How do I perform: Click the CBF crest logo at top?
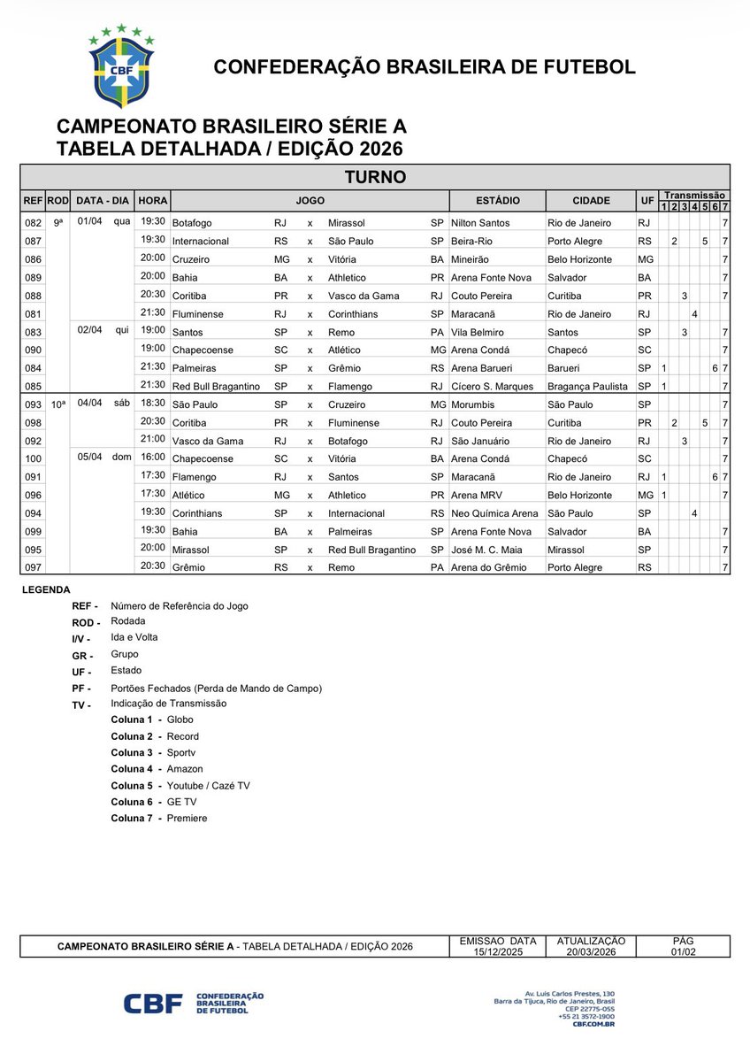pyautogui.click(x=121, y=67)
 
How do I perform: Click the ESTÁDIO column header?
pyautogui.click(x=497, y=200)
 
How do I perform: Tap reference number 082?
pyautogui.click(x=33, y=223)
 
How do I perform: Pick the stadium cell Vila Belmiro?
pyautogui.click(x=479, y=332)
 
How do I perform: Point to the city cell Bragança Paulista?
pyautogui.click(x=587, y=387)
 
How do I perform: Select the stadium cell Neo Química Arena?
pyautogui.click(x=494, y=513)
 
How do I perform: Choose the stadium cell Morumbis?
pyautogui.click(x=474, y=404)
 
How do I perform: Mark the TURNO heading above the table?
pyautogui.click(x=375, y=177)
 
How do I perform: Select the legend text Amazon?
pyautogui.click(x=185, y=769)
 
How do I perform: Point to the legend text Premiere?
pyautogui.click(x=187, y=819)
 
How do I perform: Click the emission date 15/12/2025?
pyautogui.click(x=498, y=951)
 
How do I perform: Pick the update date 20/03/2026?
pyautogui.click(x=591, y=951)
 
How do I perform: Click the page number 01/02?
pyautogui.click(x=683, y=951)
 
